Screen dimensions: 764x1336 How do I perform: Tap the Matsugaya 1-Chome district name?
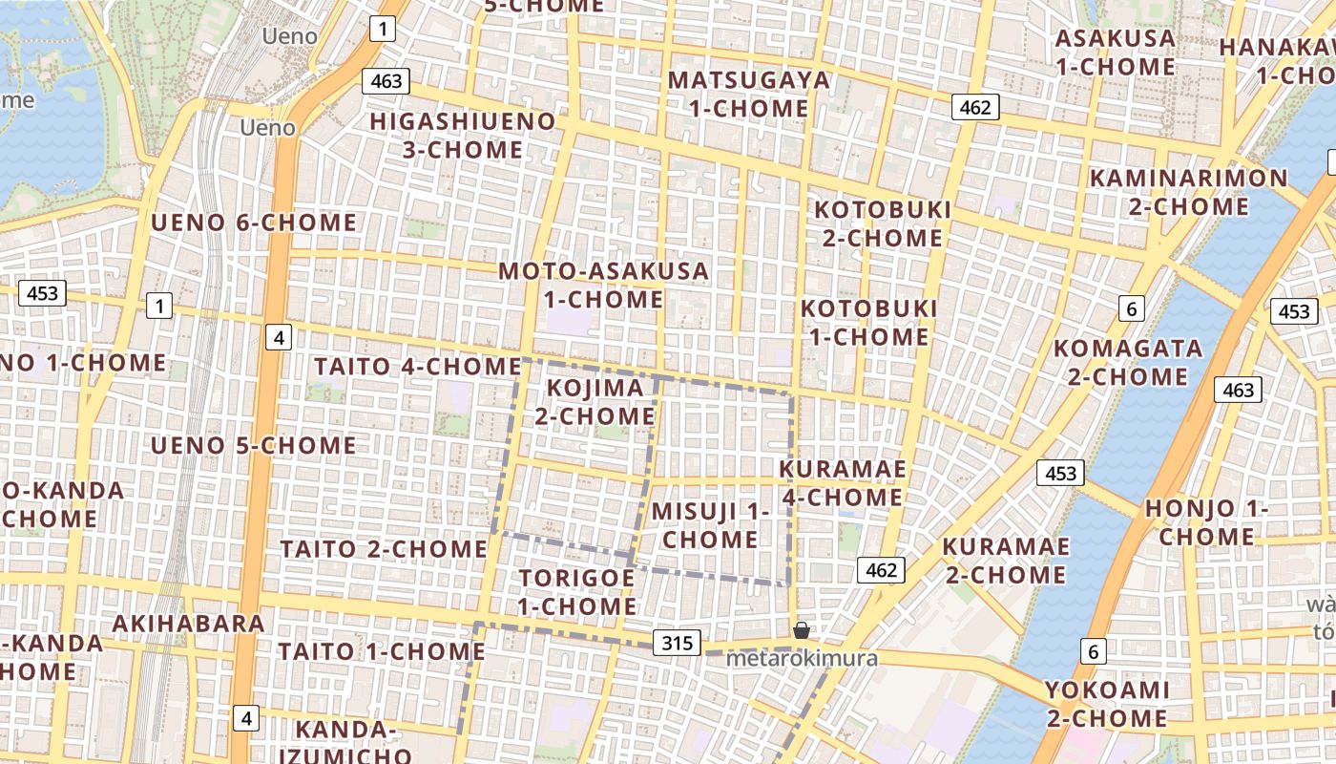tap(748, 94)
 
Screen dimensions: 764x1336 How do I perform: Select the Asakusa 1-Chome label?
tap(1115, 53)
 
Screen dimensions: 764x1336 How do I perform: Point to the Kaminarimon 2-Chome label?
tap(1188, 192)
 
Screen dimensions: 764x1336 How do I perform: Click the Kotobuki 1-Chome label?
tap(868, 322)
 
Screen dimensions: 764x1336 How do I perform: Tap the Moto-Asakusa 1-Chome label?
tap(603, 285)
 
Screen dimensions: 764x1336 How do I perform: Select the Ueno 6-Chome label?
tap(254, 223)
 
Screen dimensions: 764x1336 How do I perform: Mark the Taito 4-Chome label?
tap(417, 366)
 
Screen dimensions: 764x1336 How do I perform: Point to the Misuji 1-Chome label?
tap(710, 525)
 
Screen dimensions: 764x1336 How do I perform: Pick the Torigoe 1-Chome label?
tap(577, 592)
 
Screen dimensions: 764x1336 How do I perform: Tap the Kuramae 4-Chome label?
tap(843, 483)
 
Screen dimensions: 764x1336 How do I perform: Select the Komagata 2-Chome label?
tap(1127, 362)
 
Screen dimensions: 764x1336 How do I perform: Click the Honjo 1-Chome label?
tap(1206, 522)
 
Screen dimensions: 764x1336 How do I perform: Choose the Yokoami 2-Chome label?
tap(1106, 704)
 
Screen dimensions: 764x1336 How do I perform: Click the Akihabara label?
tap(188, 624)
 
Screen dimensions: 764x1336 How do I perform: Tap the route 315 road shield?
tap(678, 643)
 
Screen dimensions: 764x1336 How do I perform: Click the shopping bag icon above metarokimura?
tap(802, 630)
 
